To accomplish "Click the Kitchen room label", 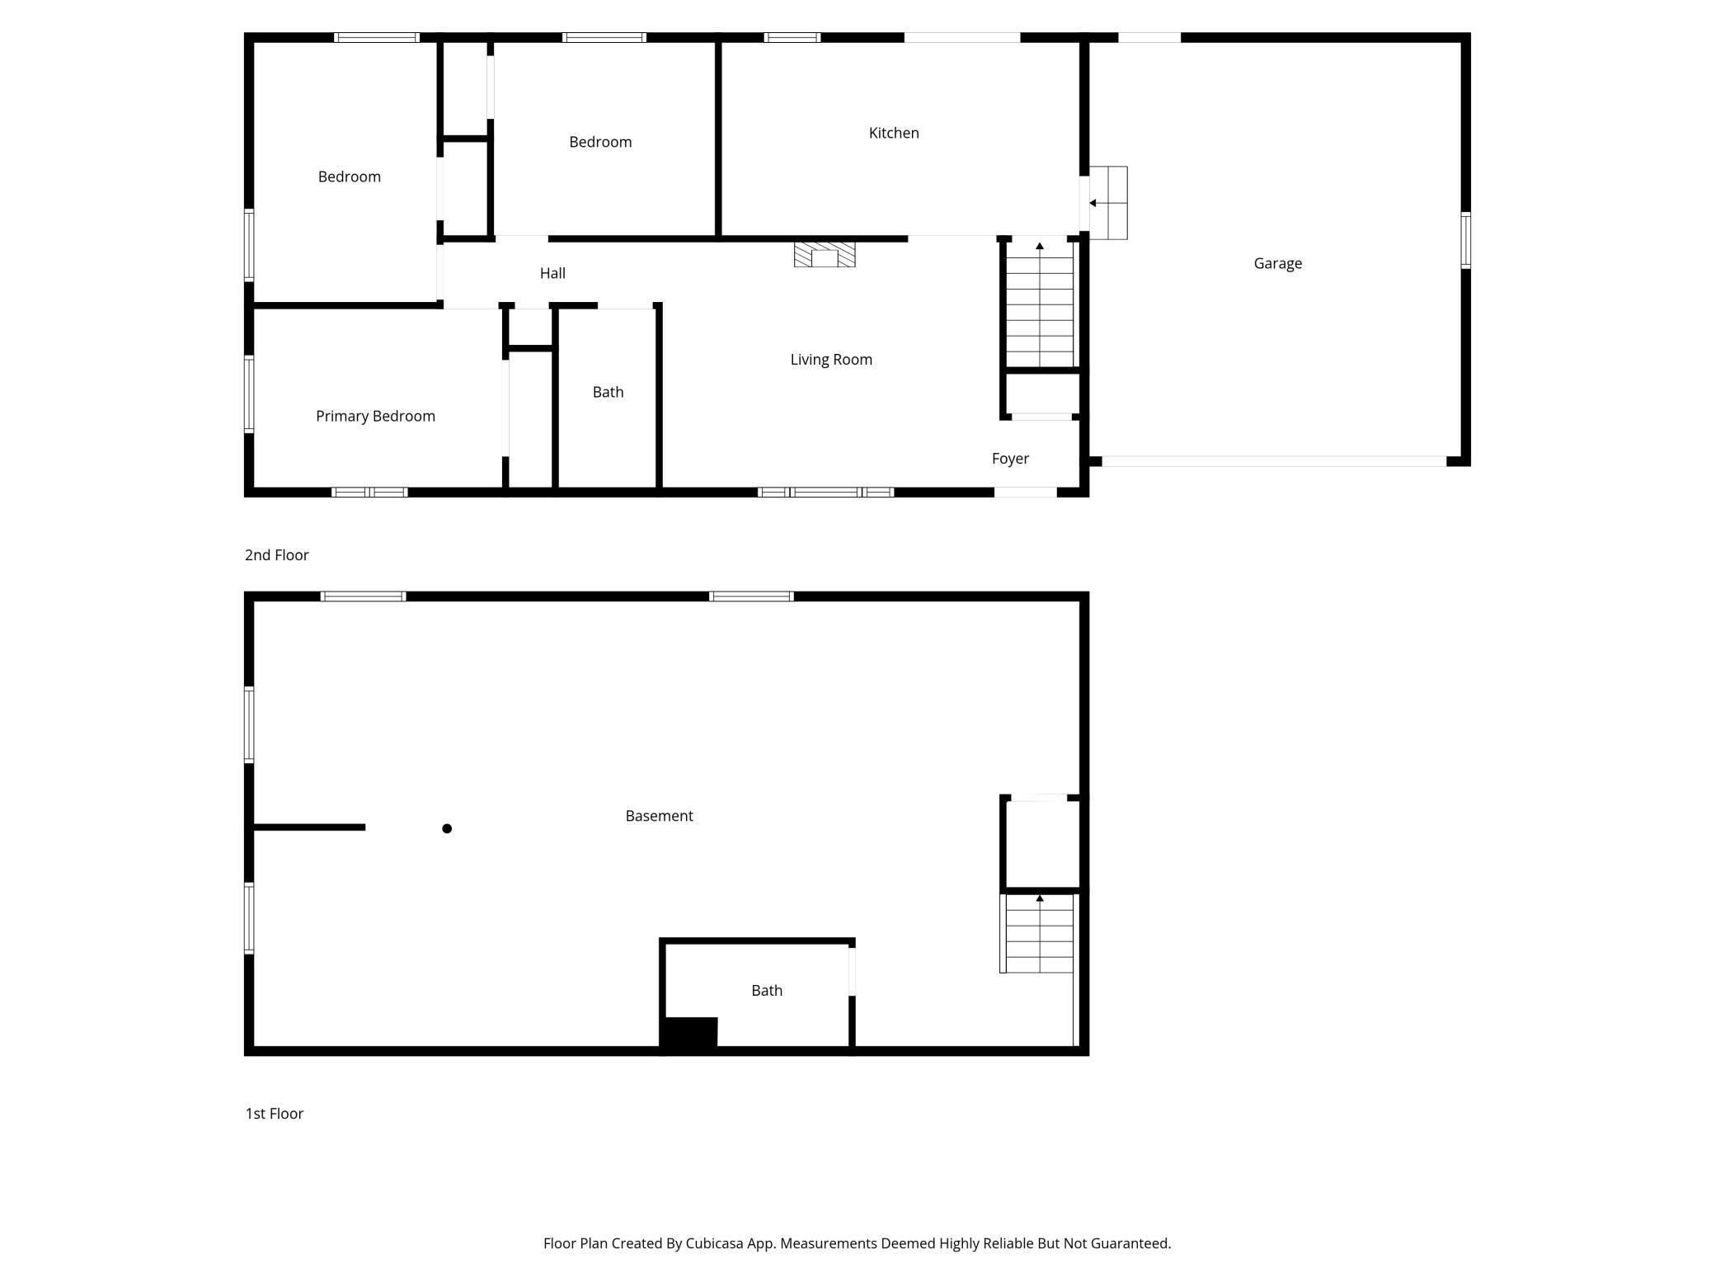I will [x=894, y=133].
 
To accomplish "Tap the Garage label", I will [x=1277, y=263].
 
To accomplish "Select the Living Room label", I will [x=831, y=359].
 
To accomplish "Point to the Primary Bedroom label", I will [x=375, y=416].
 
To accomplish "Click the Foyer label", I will [x=1010, y=459].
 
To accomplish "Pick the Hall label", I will [x=552, y=273].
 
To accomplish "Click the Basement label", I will [x=659, y=816].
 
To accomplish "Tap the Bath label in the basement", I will [x=766, y=990].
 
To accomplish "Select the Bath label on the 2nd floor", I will [x=608, y=392].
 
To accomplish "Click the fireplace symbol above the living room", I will [x=825, y=254].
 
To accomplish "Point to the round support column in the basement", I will [x=447, y=828].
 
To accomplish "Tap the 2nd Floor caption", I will [x=276, y=555].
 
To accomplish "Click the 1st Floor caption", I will [x=274, y=1114].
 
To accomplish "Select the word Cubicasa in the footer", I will [x=714, y=1243].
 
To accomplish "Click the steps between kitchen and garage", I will [x=1108, y=203].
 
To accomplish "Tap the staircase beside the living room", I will [x=1040, y=305].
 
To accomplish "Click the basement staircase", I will [x=1039, y=934].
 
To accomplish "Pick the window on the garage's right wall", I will [x=1465, y=240].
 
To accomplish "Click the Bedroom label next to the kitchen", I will [x=600, y=142].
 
